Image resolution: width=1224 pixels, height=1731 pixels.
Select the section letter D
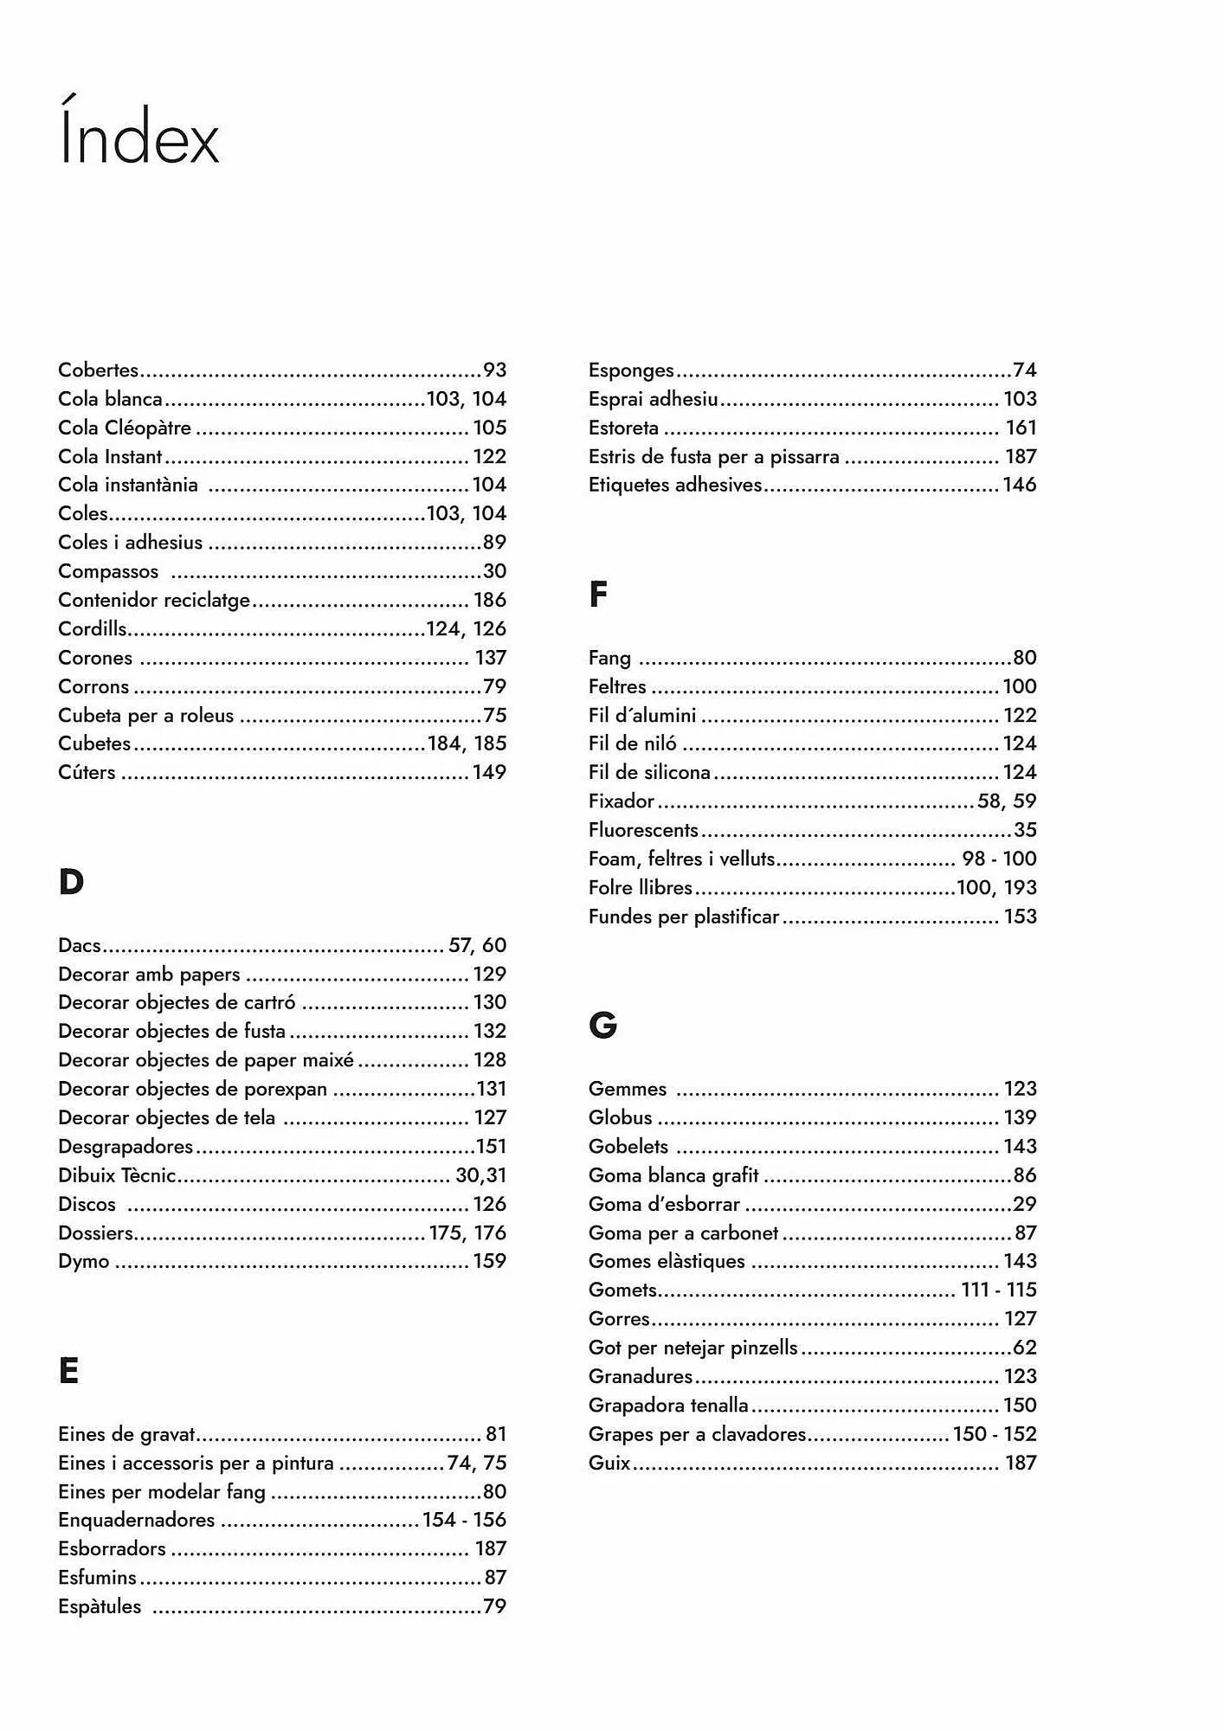[x=71, y=883]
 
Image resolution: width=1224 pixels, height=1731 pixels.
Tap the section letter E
[x=68, y=1371]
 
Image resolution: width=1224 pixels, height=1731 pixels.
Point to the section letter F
[x=598, y=595]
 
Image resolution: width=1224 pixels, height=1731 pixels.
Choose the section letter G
[x=602, y=1026]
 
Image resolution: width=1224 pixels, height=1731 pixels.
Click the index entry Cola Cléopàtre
[x=125, y=428]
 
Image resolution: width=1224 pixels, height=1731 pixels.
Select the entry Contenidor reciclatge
[x=154, y=600]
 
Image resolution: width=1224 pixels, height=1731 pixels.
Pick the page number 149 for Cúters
[x=489, y=772]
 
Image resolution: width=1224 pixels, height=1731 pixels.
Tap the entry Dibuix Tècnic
[x=117, y=1175]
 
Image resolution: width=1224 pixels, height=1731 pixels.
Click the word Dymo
[x=84, y=1261]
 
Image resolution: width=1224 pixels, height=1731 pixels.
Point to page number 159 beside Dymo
[x=489, y=1261]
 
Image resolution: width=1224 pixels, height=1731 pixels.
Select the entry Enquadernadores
[x=137, y=1520]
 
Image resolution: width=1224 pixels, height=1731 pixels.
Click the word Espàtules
[x=100, y=1606]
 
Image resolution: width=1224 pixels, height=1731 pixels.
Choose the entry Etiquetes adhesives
[x=675, y=485]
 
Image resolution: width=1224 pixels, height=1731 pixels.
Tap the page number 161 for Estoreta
[x=1021, y=428]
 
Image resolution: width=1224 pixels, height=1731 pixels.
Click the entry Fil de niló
[x=633, y=743]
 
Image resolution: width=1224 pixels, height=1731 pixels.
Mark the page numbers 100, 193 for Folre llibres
[x=996, y=887]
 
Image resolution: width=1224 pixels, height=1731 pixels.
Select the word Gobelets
[x=628, y=1146]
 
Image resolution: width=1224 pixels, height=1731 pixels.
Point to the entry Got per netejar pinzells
[x=693, y=1348]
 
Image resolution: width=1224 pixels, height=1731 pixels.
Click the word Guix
[x=609, y=1463]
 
